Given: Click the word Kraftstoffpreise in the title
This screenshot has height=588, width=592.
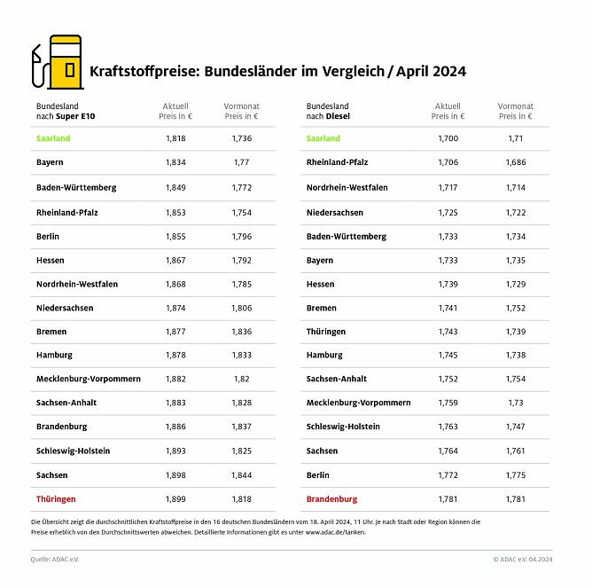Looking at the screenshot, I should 144,71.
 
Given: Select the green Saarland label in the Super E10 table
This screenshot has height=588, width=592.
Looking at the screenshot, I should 53,138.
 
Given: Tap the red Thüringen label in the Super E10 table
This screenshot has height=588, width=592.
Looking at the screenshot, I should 56,499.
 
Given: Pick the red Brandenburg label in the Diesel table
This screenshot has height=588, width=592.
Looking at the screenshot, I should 331,499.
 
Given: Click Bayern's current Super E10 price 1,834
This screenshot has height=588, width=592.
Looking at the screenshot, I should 175,162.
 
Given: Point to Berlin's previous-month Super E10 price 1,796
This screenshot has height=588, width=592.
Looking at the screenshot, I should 241,235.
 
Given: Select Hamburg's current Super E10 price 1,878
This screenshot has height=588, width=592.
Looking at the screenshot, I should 175,355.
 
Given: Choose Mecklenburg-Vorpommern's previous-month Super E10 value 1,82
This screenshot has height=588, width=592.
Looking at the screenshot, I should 241,379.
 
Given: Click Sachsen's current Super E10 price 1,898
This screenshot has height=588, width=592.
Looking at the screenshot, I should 175,475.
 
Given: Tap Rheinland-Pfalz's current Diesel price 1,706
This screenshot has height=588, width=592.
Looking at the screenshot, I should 448,162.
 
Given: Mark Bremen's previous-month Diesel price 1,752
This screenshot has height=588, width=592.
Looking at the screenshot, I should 515,308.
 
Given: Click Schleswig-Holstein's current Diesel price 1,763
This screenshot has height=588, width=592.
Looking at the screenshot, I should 448,427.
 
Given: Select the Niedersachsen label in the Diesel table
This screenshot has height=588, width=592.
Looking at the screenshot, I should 334,213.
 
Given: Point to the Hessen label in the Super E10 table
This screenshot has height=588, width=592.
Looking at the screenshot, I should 50,259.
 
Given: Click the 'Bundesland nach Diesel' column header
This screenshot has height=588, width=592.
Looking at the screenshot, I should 328,110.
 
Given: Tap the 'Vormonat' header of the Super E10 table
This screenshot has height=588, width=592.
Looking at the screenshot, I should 241,110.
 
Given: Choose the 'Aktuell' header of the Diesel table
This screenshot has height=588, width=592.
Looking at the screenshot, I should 448,110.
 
